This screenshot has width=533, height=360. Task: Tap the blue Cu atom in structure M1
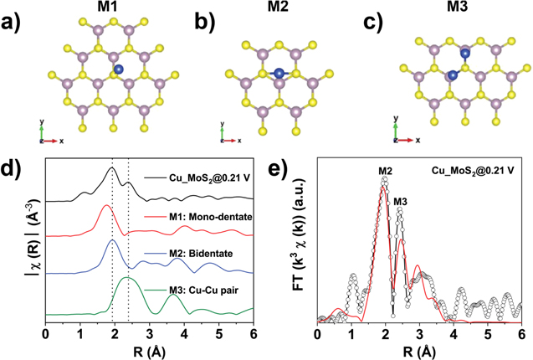[119, 70]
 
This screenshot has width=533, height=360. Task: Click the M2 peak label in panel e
[385, 172]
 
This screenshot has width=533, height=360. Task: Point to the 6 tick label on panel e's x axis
[520, 333]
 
